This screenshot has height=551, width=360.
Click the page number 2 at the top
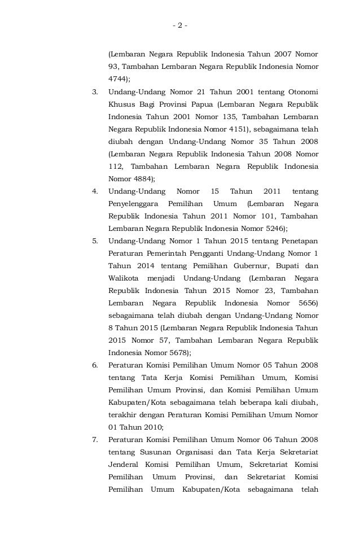tap(180, 25)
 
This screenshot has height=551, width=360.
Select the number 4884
tap(141, 178)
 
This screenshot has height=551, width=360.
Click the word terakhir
tap(123, 414)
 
